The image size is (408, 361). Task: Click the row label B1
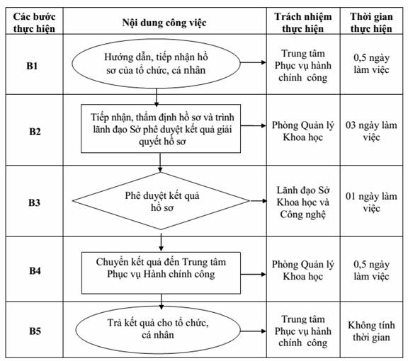[x=32, y=66]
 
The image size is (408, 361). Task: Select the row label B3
[x=34, y=202]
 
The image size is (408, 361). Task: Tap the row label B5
[x=35, y=331]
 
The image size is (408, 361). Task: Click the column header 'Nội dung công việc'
[x=164, y=23]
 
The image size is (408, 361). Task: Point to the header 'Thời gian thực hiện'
[x=371, y=23]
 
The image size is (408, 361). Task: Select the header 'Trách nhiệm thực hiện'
[x=303, y=23]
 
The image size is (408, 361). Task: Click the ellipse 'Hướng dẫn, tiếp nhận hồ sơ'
[x=156, y=64]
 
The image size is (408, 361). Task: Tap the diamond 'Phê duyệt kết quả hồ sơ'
[x=161, y=201]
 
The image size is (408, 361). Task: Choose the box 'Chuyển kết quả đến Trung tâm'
[x=161, y=273]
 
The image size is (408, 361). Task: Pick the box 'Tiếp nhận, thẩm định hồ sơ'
[x=161, y=129]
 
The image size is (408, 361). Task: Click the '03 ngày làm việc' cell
[x=371, y=131]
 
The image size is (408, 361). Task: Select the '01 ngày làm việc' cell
[x=371, y=202]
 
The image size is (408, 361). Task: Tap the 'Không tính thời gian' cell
[x=371, y=331]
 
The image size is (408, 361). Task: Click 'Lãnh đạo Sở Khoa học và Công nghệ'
[x=303, y=202]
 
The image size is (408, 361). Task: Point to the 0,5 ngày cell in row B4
[x=371, y=270]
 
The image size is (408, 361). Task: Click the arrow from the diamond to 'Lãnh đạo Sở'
[x=258, y=201]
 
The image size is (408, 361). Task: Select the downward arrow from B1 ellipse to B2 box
[x=157, y=98]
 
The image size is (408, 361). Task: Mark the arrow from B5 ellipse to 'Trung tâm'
[x=253, y=331]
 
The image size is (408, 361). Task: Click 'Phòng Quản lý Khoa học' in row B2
[x=303, y=131]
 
